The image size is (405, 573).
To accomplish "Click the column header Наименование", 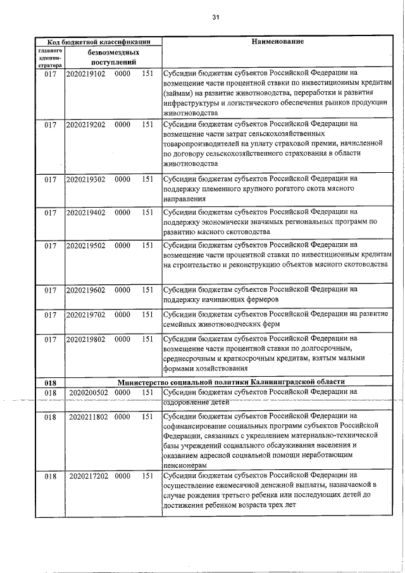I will click(277, 42).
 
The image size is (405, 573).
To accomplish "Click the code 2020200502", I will click(89, 393).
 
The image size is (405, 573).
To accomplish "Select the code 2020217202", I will click(89, 475).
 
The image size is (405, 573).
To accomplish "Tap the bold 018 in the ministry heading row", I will click(51, 382).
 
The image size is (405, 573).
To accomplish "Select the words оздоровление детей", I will click(195, 401).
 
